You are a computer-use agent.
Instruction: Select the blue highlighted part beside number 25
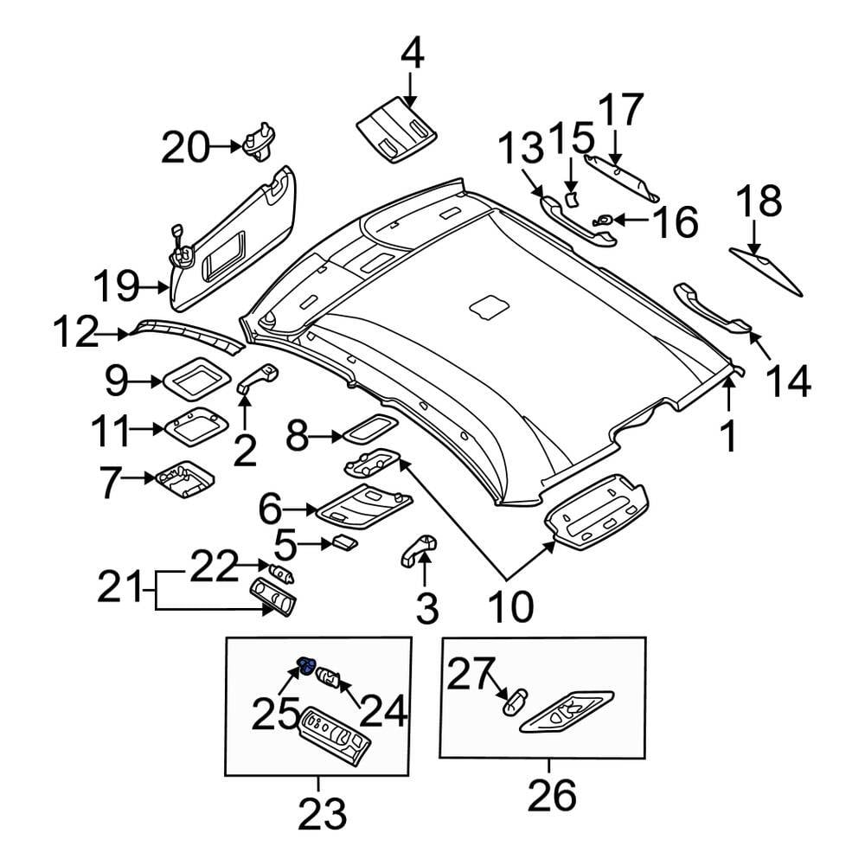(305, 665)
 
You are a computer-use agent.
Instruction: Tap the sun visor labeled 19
(234, 242)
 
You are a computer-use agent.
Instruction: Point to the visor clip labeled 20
(258, 143)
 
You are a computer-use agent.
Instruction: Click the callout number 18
(759, 202)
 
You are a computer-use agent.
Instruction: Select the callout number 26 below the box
(551, 795)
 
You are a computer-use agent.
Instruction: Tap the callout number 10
(509, 606)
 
